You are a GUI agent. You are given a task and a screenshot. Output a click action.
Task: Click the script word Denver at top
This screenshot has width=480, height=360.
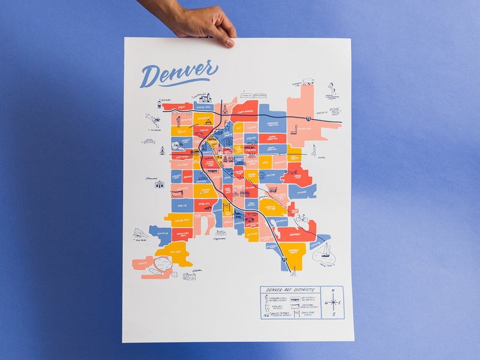178,74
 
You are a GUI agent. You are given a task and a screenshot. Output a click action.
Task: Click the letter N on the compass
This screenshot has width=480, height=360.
334,290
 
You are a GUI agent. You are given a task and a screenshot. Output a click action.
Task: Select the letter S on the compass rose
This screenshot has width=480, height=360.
334,314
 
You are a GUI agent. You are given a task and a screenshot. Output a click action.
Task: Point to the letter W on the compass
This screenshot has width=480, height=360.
326,302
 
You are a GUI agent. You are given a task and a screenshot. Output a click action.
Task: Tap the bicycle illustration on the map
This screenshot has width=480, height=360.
302,218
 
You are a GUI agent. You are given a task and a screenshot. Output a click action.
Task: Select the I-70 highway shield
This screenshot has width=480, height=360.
308,119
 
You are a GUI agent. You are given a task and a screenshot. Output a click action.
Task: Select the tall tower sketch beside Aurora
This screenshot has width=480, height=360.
313,149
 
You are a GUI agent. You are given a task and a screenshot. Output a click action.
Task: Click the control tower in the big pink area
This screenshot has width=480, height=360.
293,129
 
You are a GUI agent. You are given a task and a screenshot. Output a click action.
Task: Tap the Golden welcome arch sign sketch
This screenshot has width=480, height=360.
149,142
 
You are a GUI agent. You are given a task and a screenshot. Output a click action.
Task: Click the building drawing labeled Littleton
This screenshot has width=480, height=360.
190,276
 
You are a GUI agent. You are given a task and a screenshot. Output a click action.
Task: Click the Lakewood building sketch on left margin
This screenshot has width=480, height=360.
160,184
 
